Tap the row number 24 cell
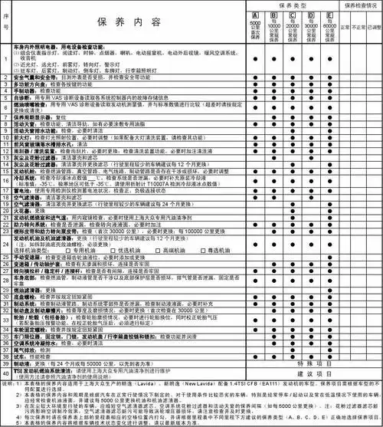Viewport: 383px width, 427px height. pyautogui.click(x=6, y=246)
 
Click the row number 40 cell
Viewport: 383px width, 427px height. pyautogui.click(x=6, y=373)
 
